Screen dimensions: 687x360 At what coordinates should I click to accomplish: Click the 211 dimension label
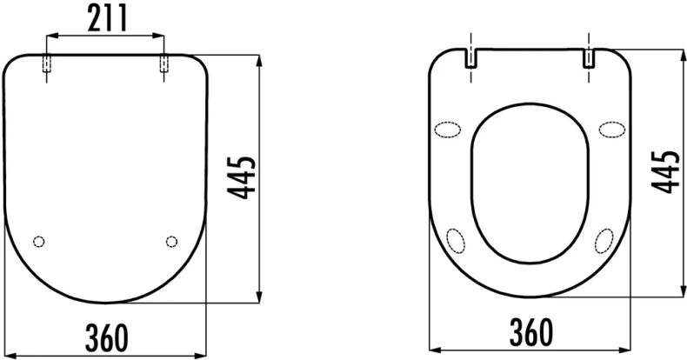tap(107, 17)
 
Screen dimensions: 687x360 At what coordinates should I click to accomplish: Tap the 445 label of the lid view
tap(242, 177)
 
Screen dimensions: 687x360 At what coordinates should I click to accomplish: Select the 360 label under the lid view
tap(107, 337)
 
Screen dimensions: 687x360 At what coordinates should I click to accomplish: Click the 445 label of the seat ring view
tap(664, 171)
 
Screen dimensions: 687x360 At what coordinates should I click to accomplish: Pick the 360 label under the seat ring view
tap(531, 332)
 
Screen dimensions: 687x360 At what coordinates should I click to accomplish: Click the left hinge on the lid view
tap(46, 64)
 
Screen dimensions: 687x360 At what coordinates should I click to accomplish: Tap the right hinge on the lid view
tap(163, 64)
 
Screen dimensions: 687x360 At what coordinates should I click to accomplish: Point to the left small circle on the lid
tap(39, 242)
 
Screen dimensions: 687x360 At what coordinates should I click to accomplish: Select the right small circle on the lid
tap(172, 242)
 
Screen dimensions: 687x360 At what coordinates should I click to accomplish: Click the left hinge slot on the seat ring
tap(470, 58)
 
